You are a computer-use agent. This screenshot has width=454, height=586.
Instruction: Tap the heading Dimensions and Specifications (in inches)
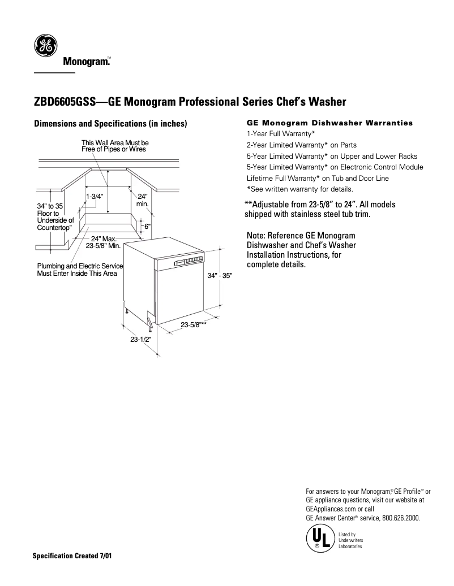coord(110,124)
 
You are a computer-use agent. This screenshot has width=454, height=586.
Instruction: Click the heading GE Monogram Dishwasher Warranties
coord(330,123)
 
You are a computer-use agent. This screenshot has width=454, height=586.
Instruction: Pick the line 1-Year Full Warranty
coord(281,134)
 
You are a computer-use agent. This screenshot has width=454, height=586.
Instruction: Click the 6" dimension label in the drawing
coord(148,226)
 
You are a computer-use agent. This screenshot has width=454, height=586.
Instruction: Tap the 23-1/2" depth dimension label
coord(140,340)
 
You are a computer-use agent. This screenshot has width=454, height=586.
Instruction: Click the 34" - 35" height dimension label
coord(220,276)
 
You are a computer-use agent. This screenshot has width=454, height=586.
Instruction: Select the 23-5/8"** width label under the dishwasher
coord(193,324)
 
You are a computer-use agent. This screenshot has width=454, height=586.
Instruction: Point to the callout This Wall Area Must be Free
coord(115,146)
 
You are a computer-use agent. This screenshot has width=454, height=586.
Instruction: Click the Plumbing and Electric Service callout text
coord(80,270)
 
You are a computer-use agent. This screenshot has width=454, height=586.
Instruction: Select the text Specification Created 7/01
coord(73,555)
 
